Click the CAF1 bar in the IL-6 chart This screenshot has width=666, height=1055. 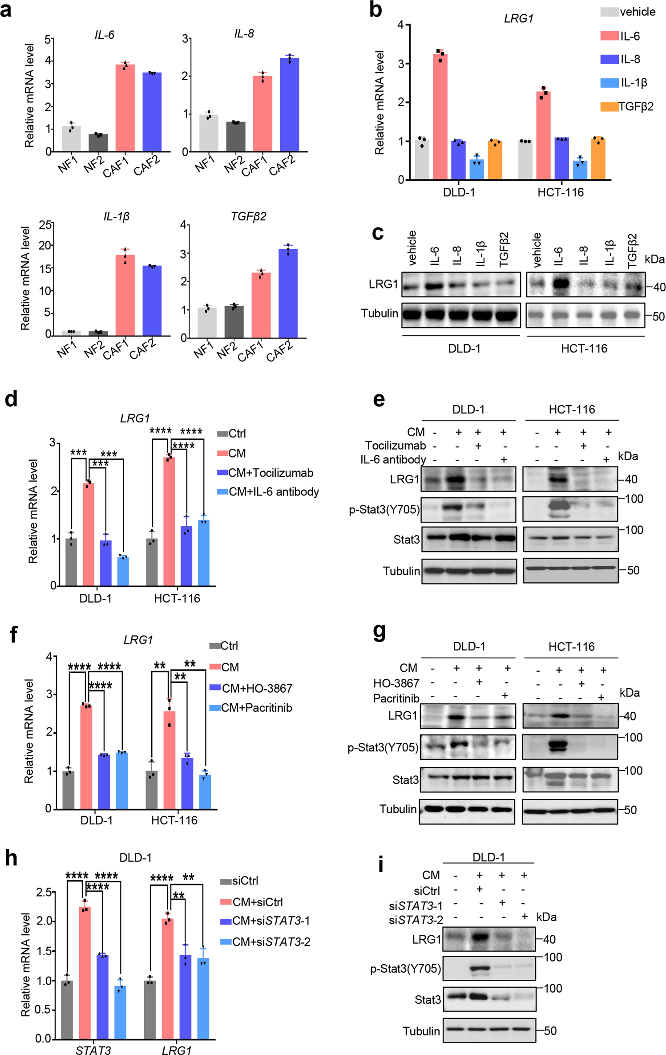pyautogui.click(x=125, y=108)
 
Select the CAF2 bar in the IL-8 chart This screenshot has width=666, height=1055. pyautogui.click(x=289, y=105)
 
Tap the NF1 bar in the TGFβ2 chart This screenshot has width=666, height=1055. pyautogui.click(x=206, y=322)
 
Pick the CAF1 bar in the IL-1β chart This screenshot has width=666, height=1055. pyautogui.click(x=125, y=295)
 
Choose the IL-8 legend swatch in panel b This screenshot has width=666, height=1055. pyautogui.click(x=609, y=59)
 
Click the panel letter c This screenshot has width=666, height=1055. pyautogui.click(x=378, y=233)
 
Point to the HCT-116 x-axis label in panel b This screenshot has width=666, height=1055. pyautogui.click(x=560, y=192)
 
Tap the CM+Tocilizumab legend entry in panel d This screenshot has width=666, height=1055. pyautogui.click(x=270, y=473)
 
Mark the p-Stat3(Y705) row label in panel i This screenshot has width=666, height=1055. pyautogui.click(x=405, y=969)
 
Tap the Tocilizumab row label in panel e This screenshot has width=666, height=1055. pyautogui.click(x=395, y=446)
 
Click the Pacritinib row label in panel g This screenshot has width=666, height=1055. pyautogui.click(x=396, y=698)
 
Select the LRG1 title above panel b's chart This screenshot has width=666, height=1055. pyautogui.click(x=518, y=19)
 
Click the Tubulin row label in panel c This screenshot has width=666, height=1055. pyautogui.click(x=379, y=313)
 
